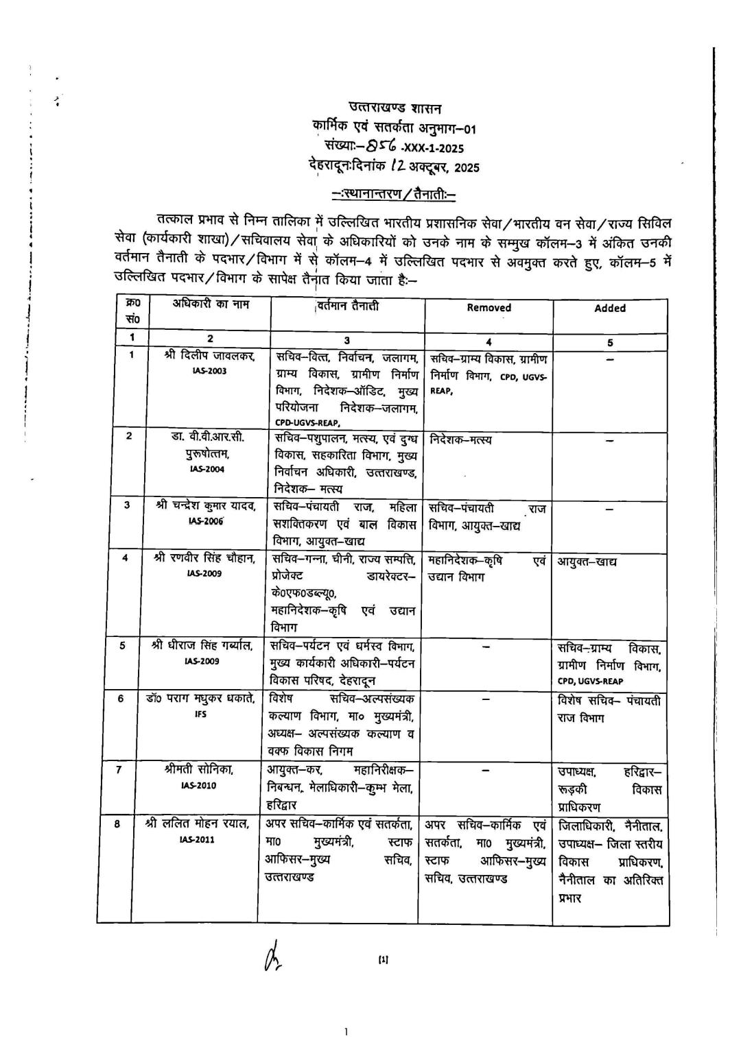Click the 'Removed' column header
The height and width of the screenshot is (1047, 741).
click(x=489, y=308)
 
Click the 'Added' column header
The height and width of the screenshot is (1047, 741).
click(x=609, y=309)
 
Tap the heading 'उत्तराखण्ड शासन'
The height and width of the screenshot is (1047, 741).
click(x=396, y=108)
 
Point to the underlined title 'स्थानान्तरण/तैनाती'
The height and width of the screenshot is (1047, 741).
click(x=395, y=194)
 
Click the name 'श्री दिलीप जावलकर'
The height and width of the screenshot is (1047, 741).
click(x=210, y=357)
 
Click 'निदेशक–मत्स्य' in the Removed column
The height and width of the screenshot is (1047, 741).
click(x=460, y=440)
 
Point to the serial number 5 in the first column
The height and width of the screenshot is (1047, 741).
click(x=121, y=645)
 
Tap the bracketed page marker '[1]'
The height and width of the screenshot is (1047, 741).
click(x=383, y=961)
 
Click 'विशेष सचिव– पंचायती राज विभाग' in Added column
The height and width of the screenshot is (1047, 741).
click(x=610, y=709)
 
